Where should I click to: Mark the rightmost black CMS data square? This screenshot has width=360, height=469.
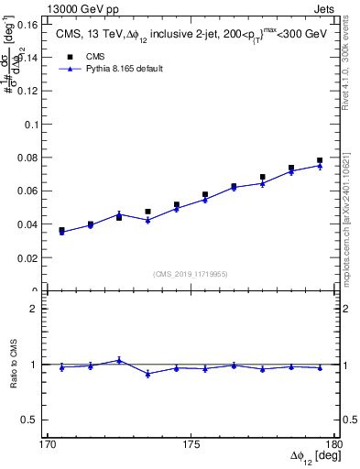(x=320, y=160)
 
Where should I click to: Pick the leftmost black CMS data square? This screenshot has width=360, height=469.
(x=61, y=231)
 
